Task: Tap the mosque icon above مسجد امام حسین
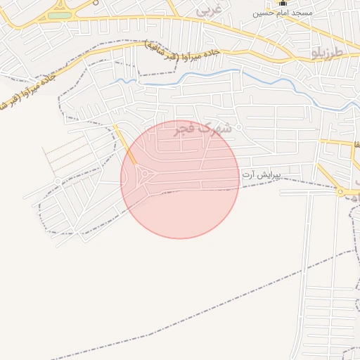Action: [x=283, y=3]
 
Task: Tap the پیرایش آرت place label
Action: [x=262, y=174]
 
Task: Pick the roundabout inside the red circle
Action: [x=146, y=174]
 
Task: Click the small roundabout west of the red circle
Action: [x=57, y=181]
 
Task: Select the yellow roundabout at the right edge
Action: [x=340, y=191]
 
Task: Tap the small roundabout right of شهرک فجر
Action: [x=239, y=127]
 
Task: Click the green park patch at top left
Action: [x=60, y=15]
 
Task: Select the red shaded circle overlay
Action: [x=180, y=204]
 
